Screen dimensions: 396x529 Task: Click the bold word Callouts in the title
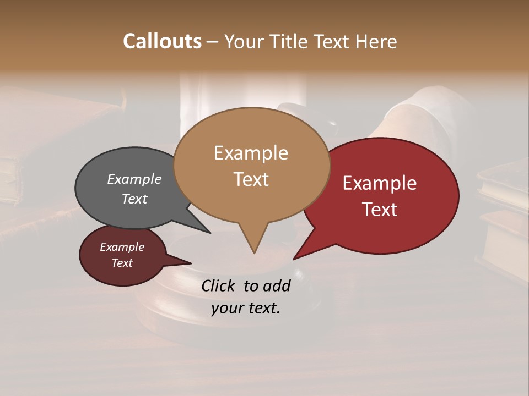[162, 41]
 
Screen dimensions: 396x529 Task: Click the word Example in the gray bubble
[134, 179]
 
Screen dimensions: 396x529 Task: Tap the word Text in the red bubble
[380, 210]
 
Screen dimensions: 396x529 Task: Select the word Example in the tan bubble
[251, 153]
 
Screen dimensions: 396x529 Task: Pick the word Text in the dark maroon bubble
[122, 263]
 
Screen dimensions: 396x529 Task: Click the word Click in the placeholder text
[219, 285]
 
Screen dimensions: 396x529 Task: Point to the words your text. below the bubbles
[246, 308]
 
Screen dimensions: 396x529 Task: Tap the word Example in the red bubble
[380, 183]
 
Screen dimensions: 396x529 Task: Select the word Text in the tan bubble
[251, 179]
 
